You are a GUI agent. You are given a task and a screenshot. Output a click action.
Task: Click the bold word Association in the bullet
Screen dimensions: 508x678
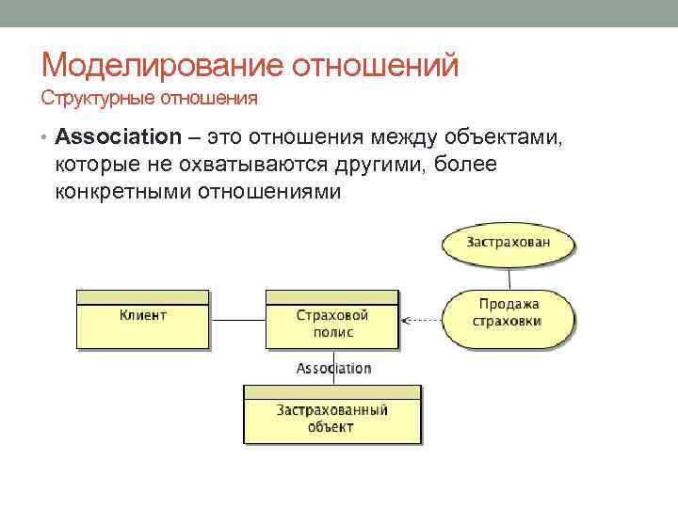pos(118,137)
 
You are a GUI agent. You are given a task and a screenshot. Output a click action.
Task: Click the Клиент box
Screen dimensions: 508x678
pos(143,321)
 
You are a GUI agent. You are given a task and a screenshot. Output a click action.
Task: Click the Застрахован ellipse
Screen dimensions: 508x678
pos(508,243)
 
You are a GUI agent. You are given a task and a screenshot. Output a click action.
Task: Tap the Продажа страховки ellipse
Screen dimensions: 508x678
pos(508,313)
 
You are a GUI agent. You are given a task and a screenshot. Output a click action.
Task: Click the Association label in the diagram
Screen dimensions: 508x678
pos(333,369)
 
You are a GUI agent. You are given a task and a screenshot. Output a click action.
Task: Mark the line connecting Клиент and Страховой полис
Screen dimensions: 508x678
pos(238,320)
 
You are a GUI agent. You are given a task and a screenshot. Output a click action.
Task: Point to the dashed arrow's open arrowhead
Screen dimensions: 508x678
pos(407,320)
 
